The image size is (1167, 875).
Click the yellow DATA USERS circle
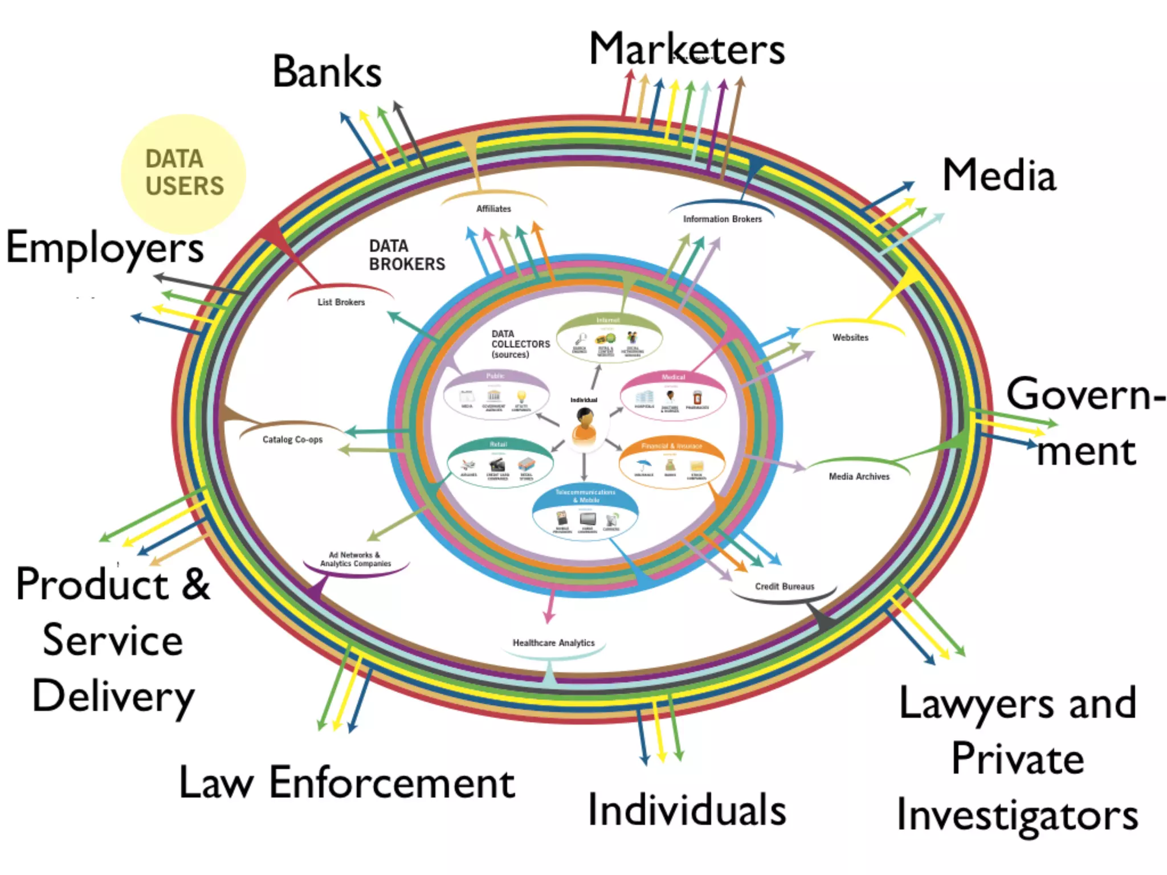[183, 173]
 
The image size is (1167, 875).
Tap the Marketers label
[687, 50]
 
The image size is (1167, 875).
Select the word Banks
[327, 72]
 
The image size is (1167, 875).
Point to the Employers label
[105, 248]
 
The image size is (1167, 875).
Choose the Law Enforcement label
[346, 783]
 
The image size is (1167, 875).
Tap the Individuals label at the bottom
[687, 809]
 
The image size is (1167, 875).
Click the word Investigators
[1017, 815]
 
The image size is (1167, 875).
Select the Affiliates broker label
[493, 209]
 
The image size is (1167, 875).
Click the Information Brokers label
[722, 219]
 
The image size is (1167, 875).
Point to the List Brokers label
[341, 302]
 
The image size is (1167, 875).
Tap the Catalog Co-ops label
[292, 440]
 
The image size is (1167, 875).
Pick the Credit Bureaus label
[784, 587]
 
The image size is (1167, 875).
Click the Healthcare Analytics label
[553, 643]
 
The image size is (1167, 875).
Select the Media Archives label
[859, 477]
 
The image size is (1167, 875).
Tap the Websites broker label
[850, 338]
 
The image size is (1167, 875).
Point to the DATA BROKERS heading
[406, 255]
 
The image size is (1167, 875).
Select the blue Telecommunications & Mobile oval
[585, 513]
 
